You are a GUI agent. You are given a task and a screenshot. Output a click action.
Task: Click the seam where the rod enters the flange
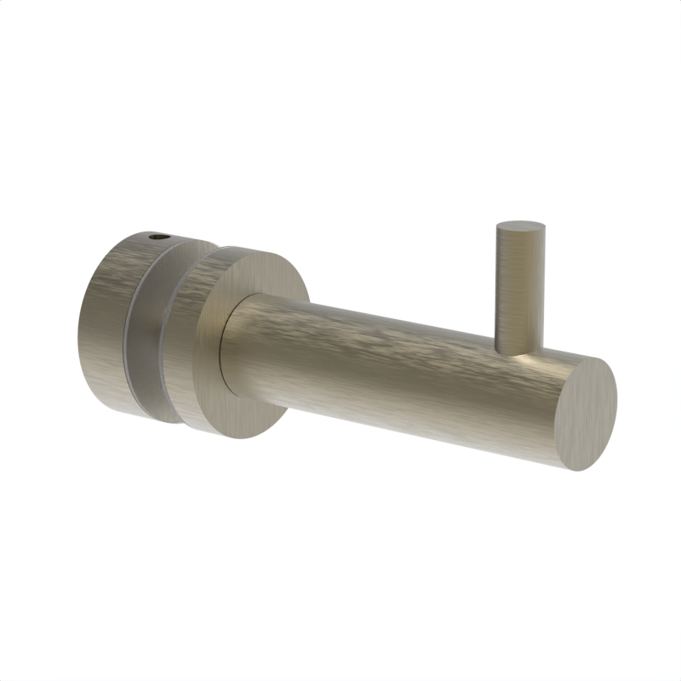click(223, 340)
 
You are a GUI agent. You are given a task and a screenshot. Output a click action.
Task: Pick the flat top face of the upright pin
click(521, 227)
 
